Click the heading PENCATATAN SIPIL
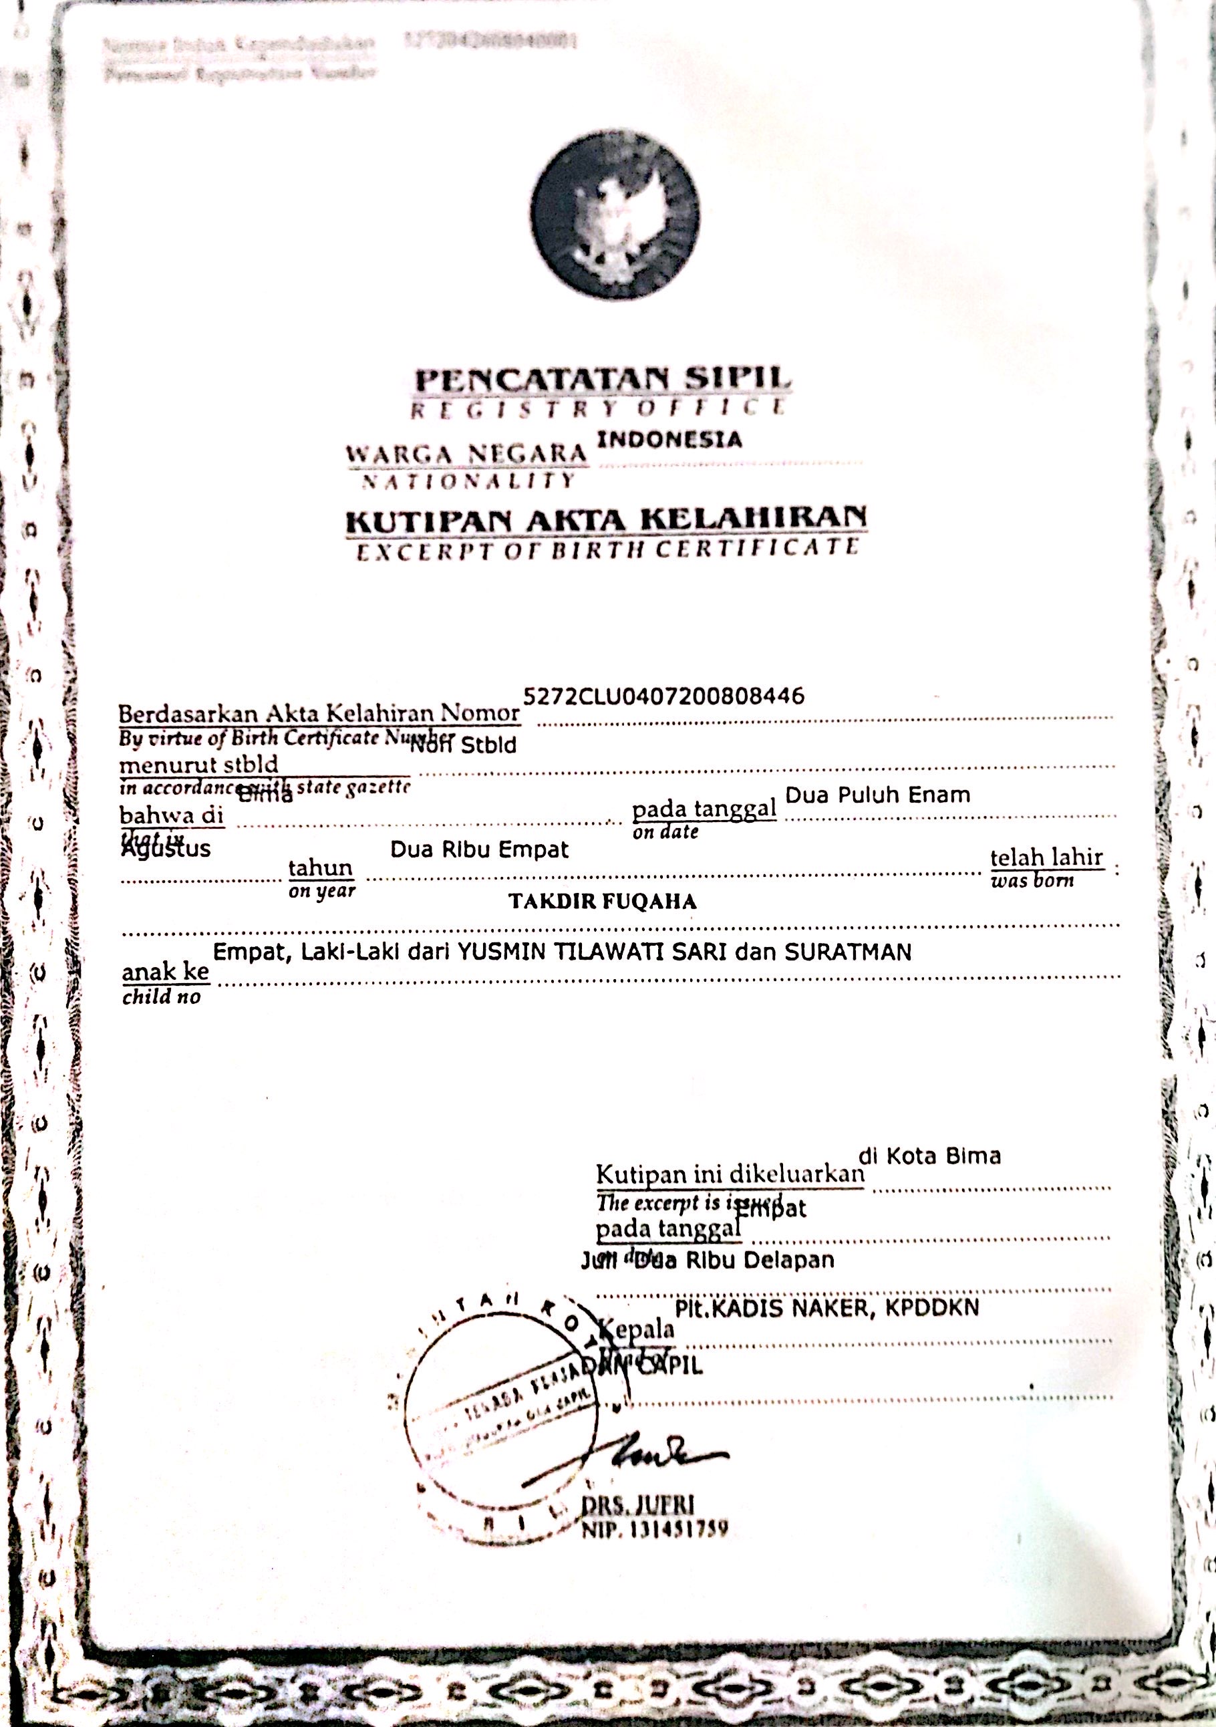(603, 380)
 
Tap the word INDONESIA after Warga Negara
(669, 439)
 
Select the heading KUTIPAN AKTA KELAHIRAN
(606, 520)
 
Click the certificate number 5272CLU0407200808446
(663, 696)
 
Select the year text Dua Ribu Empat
(479, 850)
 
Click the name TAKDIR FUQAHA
(603, 902)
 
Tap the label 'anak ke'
(166, 972)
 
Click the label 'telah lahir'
(1046, 857)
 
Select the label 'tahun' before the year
(320, 868)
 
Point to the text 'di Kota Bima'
(929, 1156)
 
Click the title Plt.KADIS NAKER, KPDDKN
(827, 1309)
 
